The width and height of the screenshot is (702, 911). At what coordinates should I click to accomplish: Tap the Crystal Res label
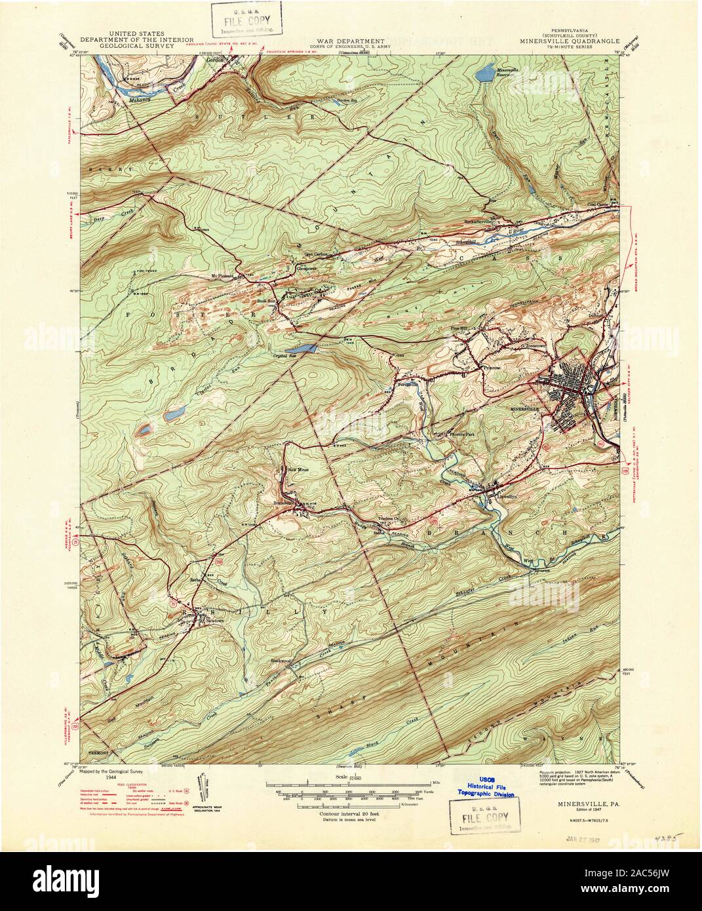tap(300, 354)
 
